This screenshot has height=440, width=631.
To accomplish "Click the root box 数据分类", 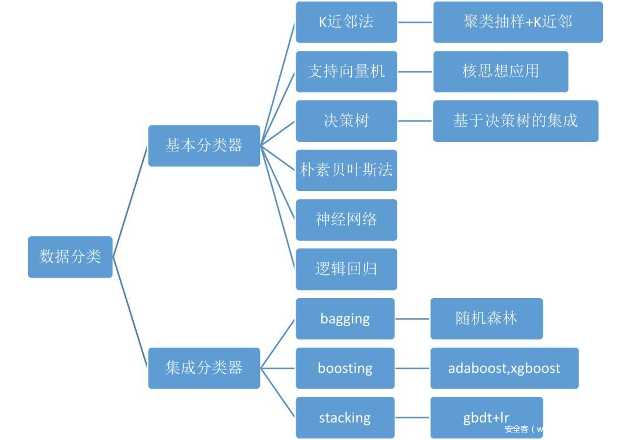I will (x=70, y=257).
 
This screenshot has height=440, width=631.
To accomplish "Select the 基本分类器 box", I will (x=204, y=145).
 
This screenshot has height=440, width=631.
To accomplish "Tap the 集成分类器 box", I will (x=204, y=368).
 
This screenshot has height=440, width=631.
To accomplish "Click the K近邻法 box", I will (x=346, y=22).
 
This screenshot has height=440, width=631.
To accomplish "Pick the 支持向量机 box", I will (x=346, y=71).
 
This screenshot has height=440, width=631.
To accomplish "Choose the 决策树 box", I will (x=346, y=121).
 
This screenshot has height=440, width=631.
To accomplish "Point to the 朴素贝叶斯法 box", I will (x=346, y=170).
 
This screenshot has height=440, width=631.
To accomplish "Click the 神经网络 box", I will (x=346, y=220).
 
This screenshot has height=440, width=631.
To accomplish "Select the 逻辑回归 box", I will (x=346, y=269).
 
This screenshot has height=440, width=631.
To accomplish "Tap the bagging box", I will (x=345, y=318).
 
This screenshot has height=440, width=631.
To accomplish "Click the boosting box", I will (x=345, y=368).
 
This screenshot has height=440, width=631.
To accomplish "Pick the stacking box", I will (x=345, y=417).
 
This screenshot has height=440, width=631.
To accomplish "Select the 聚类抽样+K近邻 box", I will (x=518, y=22).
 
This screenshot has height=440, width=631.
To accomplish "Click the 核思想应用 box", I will (x=501, y=71).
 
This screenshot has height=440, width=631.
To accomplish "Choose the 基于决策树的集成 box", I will (x=515, y=121).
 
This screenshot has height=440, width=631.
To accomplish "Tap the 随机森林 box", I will (x=487, y=318).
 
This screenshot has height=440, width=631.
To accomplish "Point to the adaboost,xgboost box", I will (x=504, y=368).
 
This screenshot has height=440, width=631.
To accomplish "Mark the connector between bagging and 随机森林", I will (x=412, y=319).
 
